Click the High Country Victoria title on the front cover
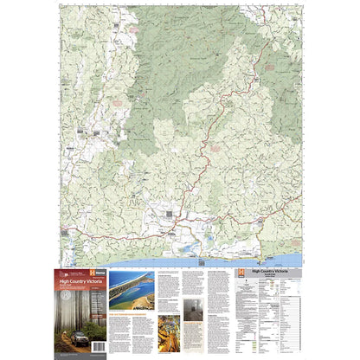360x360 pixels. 79,281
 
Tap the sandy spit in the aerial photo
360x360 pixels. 130,288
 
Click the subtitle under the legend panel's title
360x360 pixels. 259,279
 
